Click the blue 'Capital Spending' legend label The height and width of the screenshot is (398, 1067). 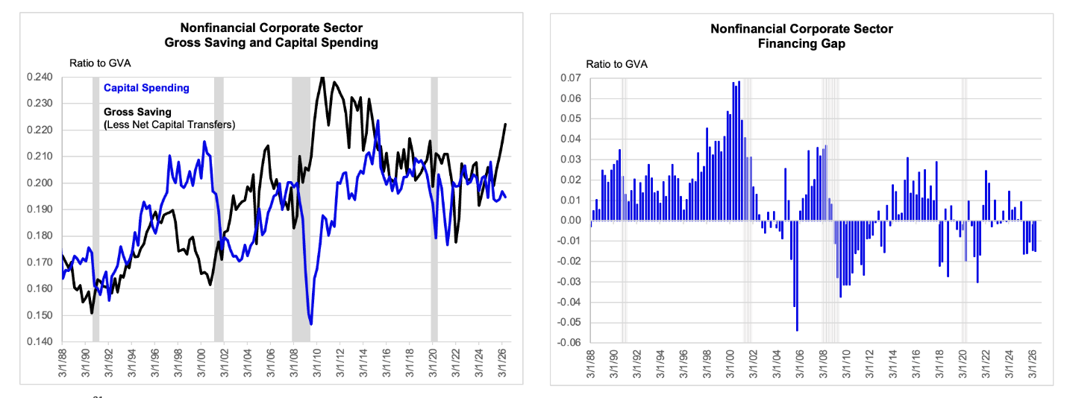(x=146, y=88)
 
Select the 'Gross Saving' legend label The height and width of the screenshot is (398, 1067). (x=137, y=112)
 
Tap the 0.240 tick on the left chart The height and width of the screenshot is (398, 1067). (x=40, y=77)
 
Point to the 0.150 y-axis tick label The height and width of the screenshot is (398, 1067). (x=40, y=315)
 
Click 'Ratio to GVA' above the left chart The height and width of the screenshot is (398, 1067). (x=100, y=63)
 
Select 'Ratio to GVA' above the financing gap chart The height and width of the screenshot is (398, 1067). (x=616, y=64)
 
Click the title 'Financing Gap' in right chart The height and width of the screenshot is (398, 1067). (x=801, y=44)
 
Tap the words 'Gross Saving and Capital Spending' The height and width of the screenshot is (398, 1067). (x=271, y=42)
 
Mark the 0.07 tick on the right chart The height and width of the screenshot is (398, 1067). (x=571, y=78)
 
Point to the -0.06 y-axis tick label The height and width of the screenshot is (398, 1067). (x=569, y=343)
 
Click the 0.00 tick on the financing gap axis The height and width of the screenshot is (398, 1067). (x=571, y=221)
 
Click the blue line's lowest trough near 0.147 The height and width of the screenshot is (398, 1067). (x=311, y=324)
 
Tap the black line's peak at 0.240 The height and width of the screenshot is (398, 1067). (x=323, y=78)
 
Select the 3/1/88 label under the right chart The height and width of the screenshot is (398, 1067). (x=591, y=364)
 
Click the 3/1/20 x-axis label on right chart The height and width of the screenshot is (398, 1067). (x=963, y=364)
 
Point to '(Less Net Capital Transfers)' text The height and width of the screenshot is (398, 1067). (x=169, y=124)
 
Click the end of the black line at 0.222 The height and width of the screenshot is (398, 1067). (x=505, y=124)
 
